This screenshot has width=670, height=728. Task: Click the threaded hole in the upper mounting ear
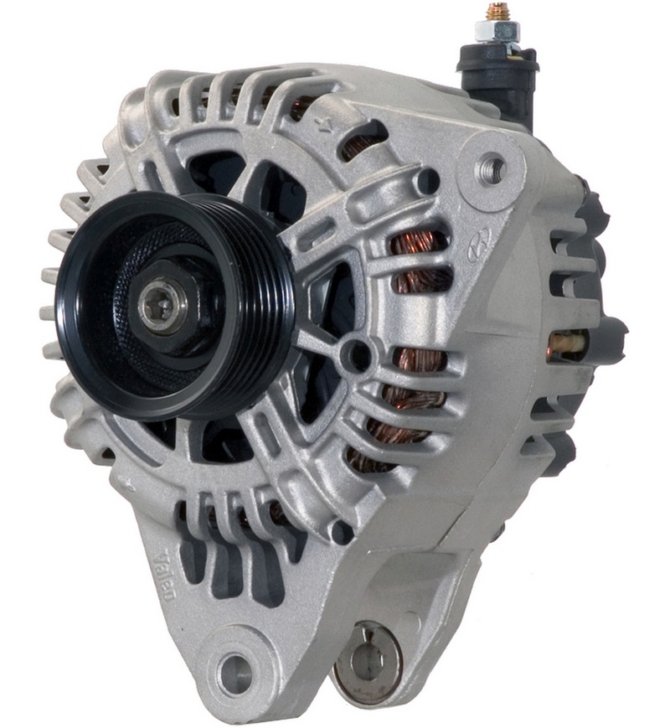[x=490, y=169]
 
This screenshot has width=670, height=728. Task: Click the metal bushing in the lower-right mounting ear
[x=367, y=663]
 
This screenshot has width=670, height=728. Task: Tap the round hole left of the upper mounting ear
[x=427, y=180]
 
